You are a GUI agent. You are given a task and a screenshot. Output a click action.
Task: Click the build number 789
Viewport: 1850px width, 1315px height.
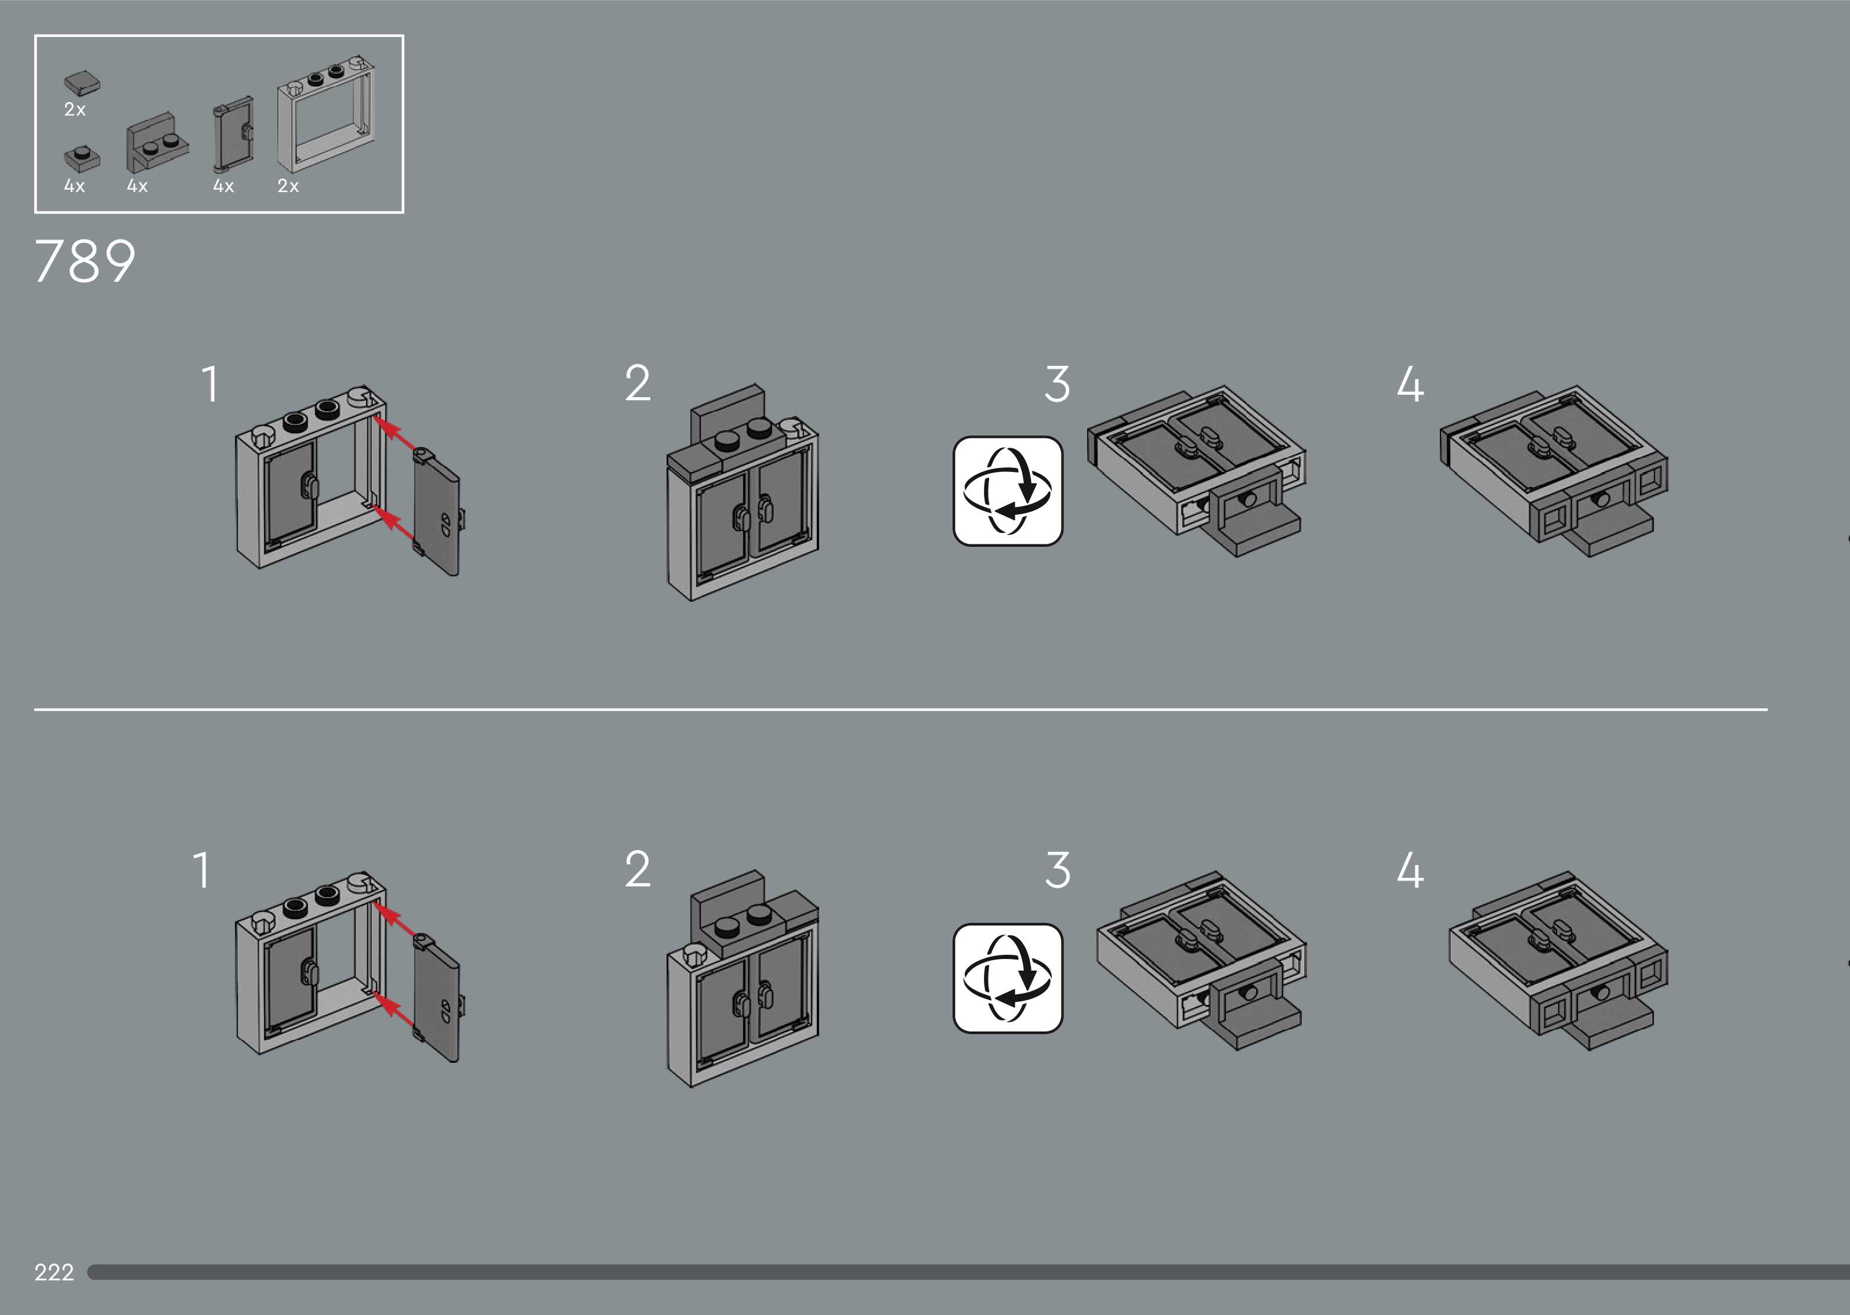(85, 261)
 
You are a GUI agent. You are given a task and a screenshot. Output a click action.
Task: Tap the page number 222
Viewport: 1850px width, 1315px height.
(53, 1272)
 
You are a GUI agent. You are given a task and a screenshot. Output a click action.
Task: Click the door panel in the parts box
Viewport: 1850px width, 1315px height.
(233, 135)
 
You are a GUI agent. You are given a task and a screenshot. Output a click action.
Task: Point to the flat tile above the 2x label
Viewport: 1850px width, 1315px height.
(82, 82)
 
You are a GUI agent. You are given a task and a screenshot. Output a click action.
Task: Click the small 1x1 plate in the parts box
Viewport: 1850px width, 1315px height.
(82, 158)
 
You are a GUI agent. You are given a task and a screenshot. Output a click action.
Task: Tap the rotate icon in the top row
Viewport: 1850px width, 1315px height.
(1008, 491)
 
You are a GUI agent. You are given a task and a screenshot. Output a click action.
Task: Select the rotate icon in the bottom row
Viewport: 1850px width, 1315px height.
(1008, 978)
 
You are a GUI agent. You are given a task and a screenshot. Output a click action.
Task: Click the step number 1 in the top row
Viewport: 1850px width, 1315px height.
(210, 384)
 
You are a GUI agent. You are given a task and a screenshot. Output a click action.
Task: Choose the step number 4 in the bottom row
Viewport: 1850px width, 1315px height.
(1410, 870)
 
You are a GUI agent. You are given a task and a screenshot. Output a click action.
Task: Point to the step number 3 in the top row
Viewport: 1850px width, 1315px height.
(1058, 384)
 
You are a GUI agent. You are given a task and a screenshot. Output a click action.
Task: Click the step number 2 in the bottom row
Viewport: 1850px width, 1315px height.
(638, 870)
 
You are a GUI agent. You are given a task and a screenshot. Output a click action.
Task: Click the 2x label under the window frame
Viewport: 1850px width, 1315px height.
(288, 186)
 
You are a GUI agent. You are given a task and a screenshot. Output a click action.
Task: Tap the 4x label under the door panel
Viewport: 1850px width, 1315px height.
(223, 186)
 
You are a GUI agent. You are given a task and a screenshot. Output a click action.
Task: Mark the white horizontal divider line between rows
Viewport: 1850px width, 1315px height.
(901, 709)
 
